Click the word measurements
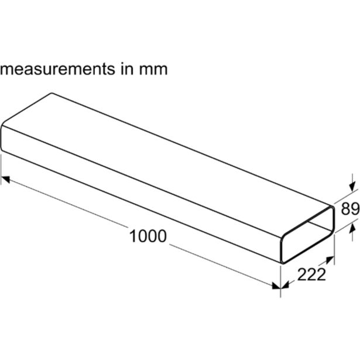coord(57,69)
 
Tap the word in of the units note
coord(127,68)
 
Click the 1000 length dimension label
coord(148,236)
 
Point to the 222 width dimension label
coord(311,275)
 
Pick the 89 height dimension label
coord(350,209)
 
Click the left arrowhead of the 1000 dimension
coord(5,179)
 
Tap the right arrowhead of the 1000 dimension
coord(276,286)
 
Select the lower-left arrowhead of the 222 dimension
coord(284,285)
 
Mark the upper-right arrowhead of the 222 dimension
coord(330,260)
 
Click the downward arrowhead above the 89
coord(352,187)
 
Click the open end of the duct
coord(308,235)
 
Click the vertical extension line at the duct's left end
coord(1,169)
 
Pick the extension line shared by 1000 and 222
coord(280,282)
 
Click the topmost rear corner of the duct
coord(52,93)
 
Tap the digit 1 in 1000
coord(133,236)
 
